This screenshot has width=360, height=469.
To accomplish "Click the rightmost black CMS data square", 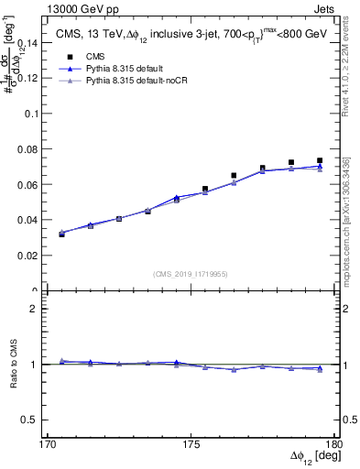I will pos(319,160).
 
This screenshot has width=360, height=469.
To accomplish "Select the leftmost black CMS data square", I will pos(61,234).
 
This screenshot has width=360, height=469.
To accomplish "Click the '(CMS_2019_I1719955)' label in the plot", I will pos(191,274).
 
